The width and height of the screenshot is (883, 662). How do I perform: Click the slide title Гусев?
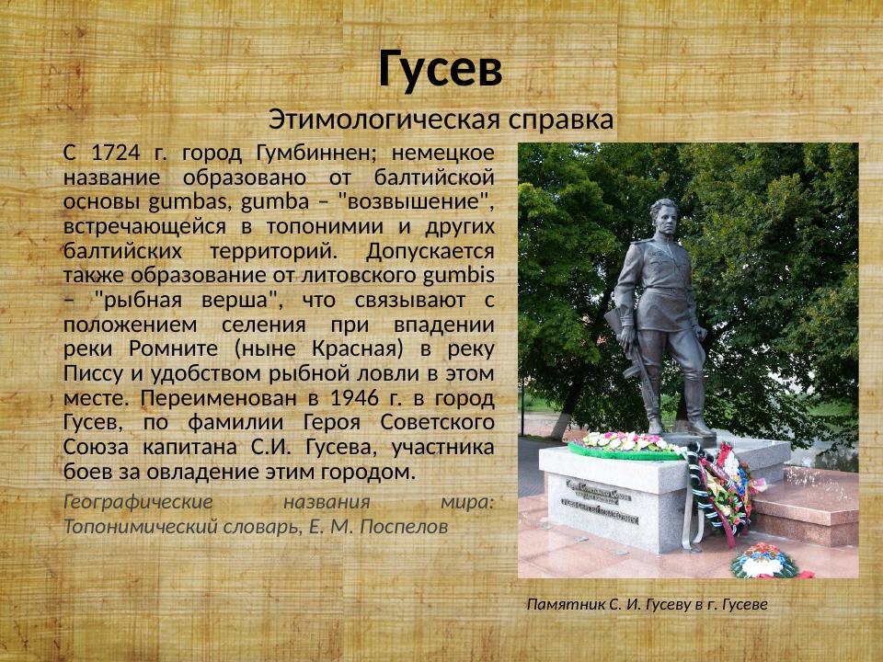click(x=441, y=70)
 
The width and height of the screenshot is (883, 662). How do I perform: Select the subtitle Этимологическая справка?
click(x=441, y=119)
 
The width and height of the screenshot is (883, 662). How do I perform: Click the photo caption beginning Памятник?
click(x=647, y=604)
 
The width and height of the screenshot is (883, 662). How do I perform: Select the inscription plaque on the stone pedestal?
click(x=598, y=504)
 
